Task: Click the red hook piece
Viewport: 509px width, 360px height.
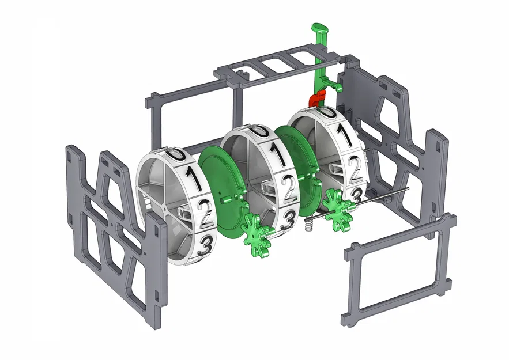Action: [x=318, y=98]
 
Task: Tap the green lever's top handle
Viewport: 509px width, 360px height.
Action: [x=320, y=29]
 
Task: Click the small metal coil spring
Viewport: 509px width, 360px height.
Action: [x=310, y=224]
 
